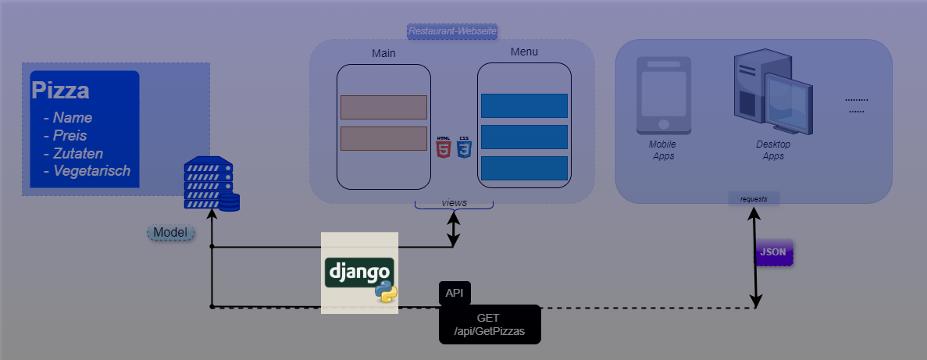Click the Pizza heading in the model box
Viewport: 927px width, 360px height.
[x=60, y=91]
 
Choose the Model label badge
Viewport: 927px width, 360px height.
[x=169, y=233]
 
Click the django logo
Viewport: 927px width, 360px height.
[x=359, y=272]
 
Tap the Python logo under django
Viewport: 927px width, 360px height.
[x=386, y=292]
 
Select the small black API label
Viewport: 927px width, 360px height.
[x=455, y=293]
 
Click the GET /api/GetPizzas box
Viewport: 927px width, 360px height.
[x=489, y=324]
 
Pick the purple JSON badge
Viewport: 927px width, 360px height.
[x=773, y=252]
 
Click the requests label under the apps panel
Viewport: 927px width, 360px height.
[x=754, y=198]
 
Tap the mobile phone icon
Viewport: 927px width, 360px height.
[x=663, y=95]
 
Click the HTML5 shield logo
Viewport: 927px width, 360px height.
[x=444, y=147]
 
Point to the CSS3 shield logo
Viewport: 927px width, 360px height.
[x=464, y=147]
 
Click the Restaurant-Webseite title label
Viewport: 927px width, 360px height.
[x=453, y=31]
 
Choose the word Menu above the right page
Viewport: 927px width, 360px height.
[x=524, y=52]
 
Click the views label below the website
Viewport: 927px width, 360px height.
[x=454, y=203]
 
